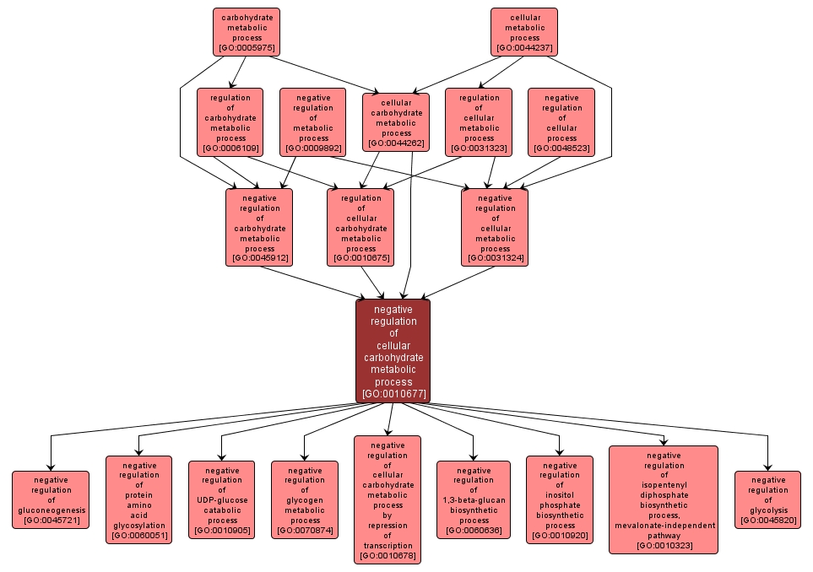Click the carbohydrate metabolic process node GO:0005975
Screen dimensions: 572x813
246,32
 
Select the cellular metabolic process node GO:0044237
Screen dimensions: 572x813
524,32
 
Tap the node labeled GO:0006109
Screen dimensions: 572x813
230,122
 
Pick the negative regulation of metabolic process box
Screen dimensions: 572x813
313,122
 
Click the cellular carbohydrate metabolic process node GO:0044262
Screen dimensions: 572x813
396,122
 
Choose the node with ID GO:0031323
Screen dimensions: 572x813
479,122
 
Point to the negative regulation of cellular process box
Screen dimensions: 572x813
561,122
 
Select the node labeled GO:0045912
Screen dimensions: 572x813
259,227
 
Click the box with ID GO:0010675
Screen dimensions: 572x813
360,227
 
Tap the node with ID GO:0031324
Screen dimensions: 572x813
495,227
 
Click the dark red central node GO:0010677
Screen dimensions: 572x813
393,351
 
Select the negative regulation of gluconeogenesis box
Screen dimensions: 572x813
51,499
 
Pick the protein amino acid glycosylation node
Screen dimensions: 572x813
138,499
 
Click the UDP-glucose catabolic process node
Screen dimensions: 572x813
221,499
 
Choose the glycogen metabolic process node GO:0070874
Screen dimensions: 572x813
304,499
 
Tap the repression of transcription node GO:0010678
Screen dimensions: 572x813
388,499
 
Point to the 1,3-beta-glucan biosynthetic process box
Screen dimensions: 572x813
473,499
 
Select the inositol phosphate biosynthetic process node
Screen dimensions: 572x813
560,499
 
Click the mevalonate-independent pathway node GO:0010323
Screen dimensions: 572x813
664,499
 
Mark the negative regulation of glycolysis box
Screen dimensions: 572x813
767,499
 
